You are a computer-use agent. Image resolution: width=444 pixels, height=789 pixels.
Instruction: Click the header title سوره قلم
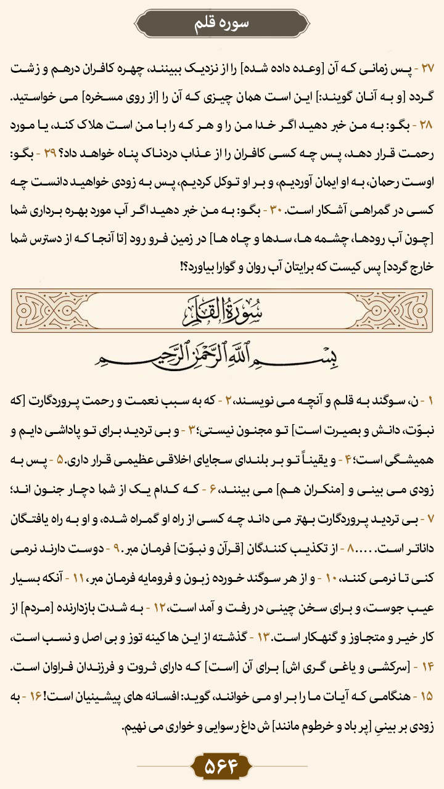[x=221, y=23]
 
